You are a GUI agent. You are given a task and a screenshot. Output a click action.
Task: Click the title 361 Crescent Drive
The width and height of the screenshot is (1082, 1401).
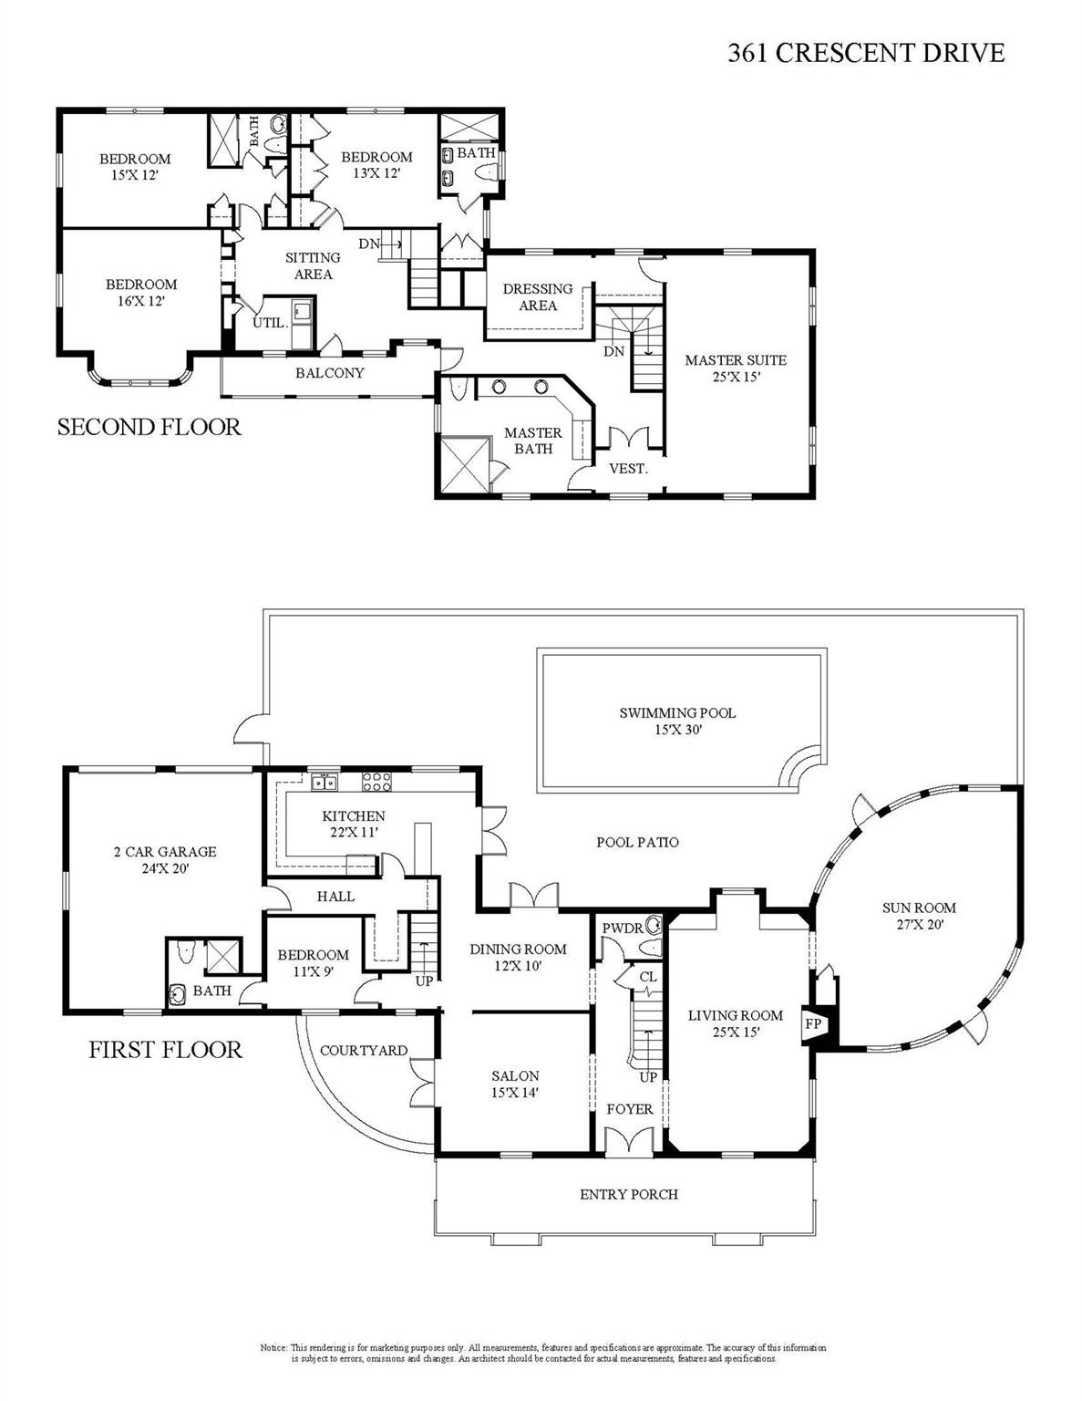click(865, 54)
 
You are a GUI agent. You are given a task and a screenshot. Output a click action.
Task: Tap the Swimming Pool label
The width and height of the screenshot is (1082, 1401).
click(676, 721)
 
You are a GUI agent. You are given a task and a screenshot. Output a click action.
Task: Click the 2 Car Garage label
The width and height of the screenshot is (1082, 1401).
click(164, 859)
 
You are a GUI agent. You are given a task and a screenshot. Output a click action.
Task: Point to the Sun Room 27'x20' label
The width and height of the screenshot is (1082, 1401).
click(918, 916)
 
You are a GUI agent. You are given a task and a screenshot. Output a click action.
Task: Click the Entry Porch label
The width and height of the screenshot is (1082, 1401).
click(629, 1194)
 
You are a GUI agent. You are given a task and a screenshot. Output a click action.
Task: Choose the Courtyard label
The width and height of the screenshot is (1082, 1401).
click(363, 1051)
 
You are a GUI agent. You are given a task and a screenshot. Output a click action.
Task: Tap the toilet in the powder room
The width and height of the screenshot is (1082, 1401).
click(651, 923)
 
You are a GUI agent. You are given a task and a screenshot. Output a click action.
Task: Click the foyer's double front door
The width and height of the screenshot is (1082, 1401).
click(630, 1144)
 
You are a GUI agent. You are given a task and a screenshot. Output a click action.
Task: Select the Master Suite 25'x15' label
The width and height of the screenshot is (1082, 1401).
click(735, 368)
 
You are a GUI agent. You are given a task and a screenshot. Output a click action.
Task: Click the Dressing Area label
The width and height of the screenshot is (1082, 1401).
click(538, 296)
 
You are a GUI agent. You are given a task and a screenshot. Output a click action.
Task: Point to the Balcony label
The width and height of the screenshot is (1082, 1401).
click(329, 373)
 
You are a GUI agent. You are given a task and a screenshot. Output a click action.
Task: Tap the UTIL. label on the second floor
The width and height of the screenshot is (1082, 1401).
click(270, 323)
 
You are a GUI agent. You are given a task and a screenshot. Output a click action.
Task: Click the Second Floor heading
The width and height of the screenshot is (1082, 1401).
click(149, 427)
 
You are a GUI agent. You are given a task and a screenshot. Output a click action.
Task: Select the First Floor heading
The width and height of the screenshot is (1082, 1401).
click(165, 1049)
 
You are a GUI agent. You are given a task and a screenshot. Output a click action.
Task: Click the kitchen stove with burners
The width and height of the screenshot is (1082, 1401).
click(376, 782)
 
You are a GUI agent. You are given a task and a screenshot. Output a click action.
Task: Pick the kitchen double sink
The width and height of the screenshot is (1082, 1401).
click(323, 782)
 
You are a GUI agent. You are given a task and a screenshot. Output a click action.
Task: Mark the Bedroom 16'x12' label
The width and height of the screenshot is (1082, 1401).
click(140, 292)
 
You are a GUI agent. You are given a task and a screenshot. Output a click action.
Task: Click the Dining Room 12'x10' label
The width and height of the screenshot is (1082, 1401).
click(518, 957)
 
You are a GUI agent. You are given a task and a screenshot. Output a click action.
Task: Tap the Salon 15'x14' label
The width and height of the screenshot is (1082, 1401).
click(515, 1084)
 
